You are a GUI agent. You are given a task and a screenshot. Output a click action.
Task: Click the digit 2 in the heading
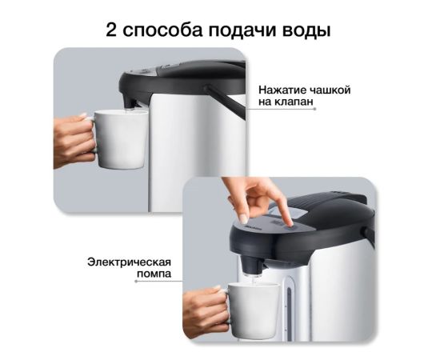[111, 30]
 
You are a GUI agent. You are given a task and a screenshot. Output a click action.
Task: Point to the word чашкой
[330, 90]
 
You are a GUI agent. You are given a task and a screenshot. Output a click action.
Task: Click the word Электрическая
[129, 262]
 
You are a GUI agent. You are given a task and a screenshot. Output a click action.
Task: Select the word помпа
[154, 274]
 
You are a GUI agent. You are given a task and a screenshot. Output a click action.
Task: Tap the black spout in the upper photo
[130, 100]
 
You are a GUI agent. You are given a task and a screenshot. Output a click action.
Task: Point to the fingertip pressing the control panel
[290, 224]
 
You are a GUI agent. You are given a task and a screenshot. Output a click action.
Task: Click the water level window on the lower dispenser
[289, 307]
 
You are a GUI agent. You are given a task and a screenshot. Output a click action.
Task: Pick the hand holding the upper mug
[74, 141]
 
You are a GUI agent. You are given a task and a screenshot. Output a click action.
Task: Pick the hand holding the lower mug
[206, 310]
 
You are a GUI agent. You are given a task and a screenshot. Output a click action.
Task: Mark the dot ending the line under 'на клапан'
[314, 109]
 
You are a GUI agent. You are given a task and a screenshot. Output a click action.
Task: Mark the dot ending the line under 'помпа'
[136, 281]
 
